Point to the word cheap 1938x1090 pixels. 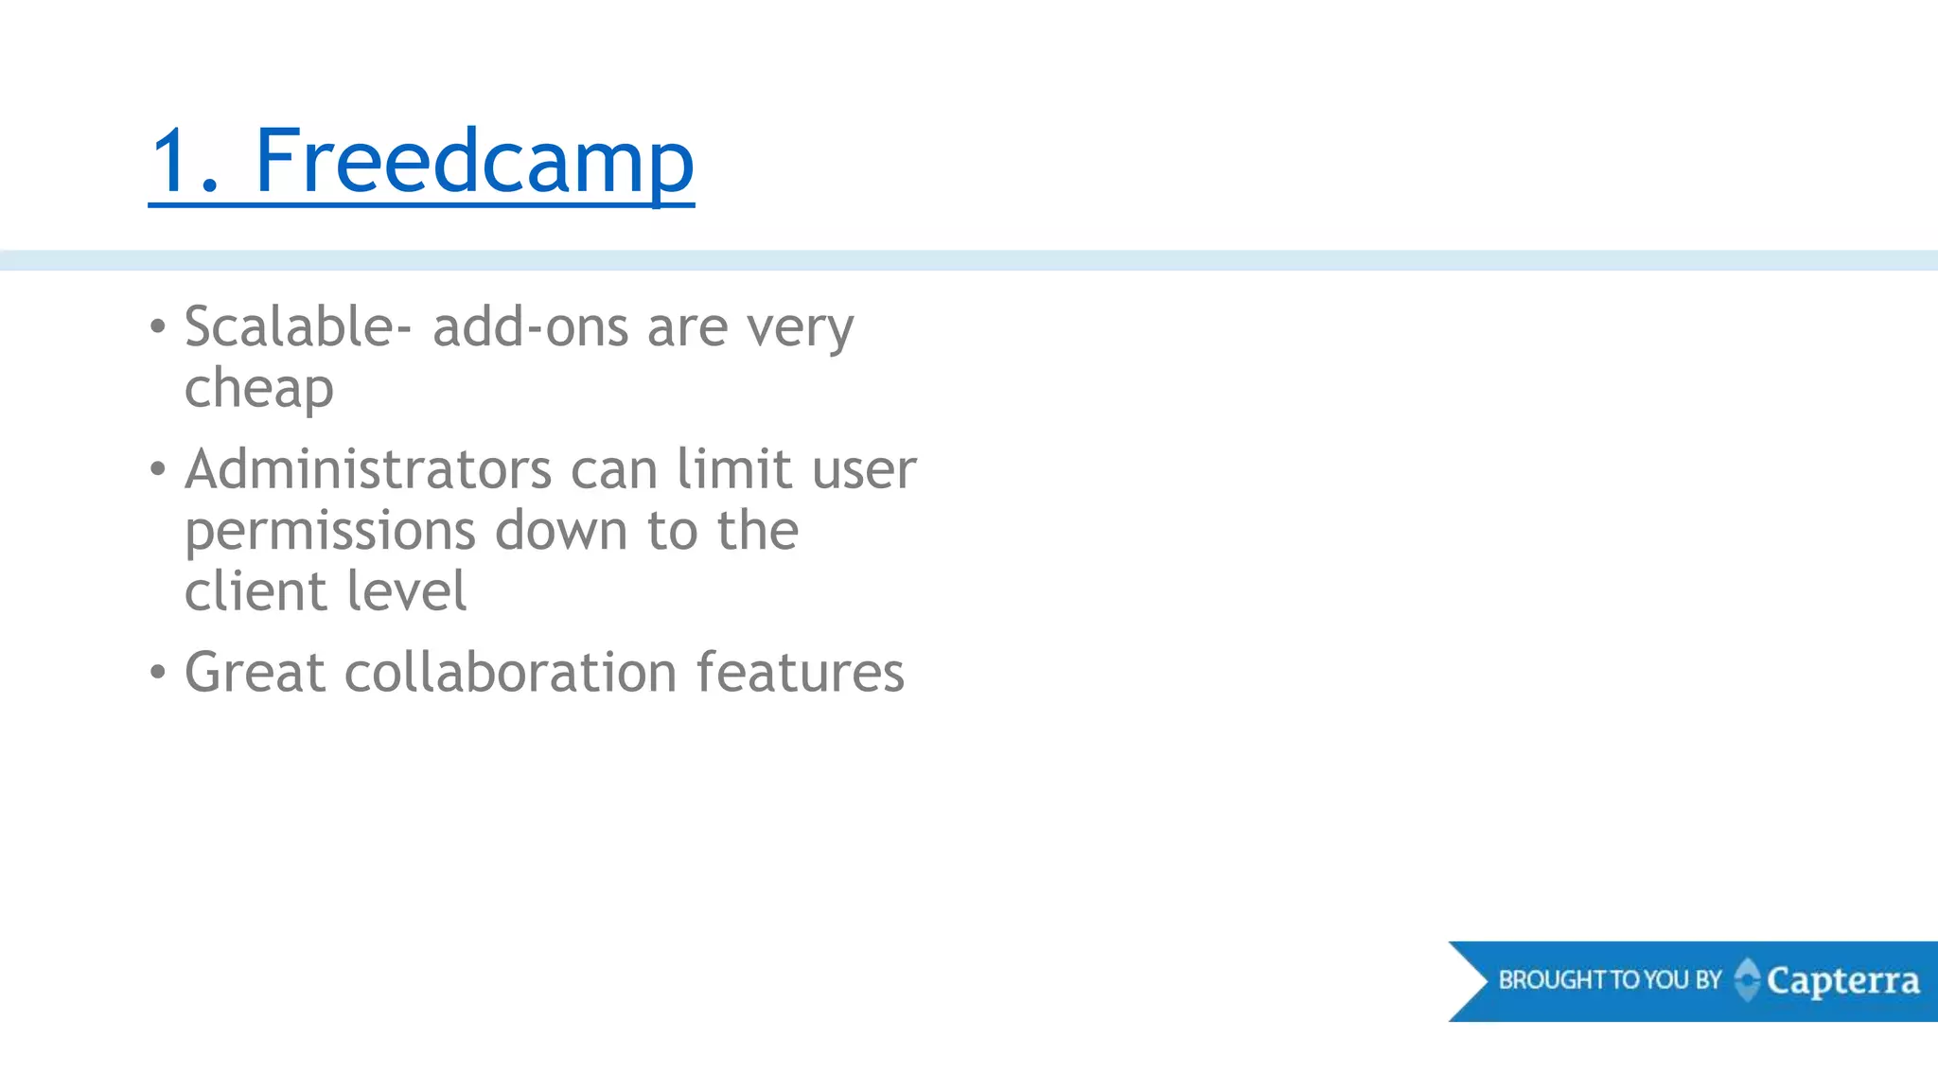[259, 389]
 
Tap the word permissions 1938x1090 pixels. [330, 531]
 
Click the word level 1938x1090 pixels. [407, 591]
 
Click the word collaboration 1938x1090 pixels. [511, 673]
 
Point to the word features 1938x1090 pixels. [801, 673]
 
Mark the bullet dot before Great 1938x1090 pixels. [158, 673]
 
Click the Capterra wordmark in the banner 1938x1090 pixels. [1842, 981]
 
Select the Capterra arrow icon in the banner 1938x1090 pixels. [1747, 979]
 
